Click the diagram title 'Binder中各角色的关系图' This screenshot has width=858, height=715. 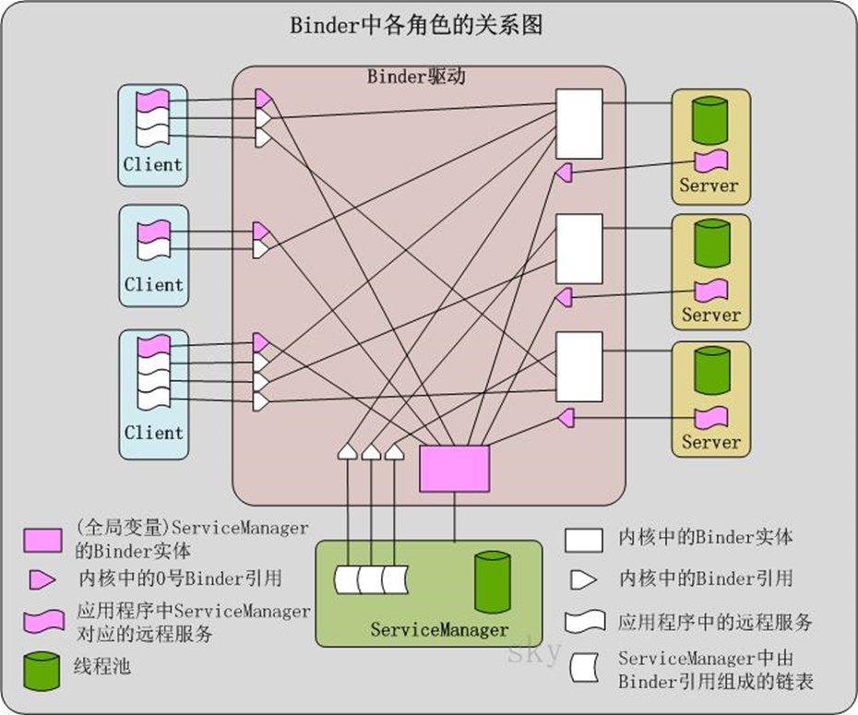point(416,25)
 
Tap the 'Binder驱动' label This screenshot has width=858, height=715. point(416,76)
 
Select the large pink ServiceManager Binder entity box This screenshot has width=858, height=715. point(454,469)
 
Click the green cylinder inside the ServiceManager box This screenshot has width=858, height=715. point(493,582)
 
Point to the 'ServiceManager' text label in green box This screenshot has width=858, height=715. point(439,630)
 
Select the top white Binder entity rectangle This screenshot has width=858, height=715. point(578,124)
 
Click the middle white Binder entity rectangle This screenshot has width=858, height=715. point(578,248)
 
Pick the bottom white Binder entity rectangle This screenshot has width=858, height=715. point(578,366)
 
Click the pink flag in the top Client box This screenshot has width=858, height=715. point(153,99)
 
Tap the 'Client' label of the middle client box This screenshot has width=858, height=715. point(154,284)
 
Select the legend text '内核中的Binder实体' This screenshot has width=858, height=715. point(706,537)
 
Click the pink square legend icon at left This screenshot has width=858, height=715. point(42,539)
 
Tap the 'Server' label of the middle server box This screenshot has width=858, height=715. point(711,315)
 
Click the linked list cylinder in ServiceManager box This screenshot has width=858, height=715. point(371,579)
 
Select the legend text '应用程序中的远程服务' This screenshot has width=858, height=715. point(715,622)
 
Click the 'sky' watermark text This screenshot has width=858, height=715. point(534,652)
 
